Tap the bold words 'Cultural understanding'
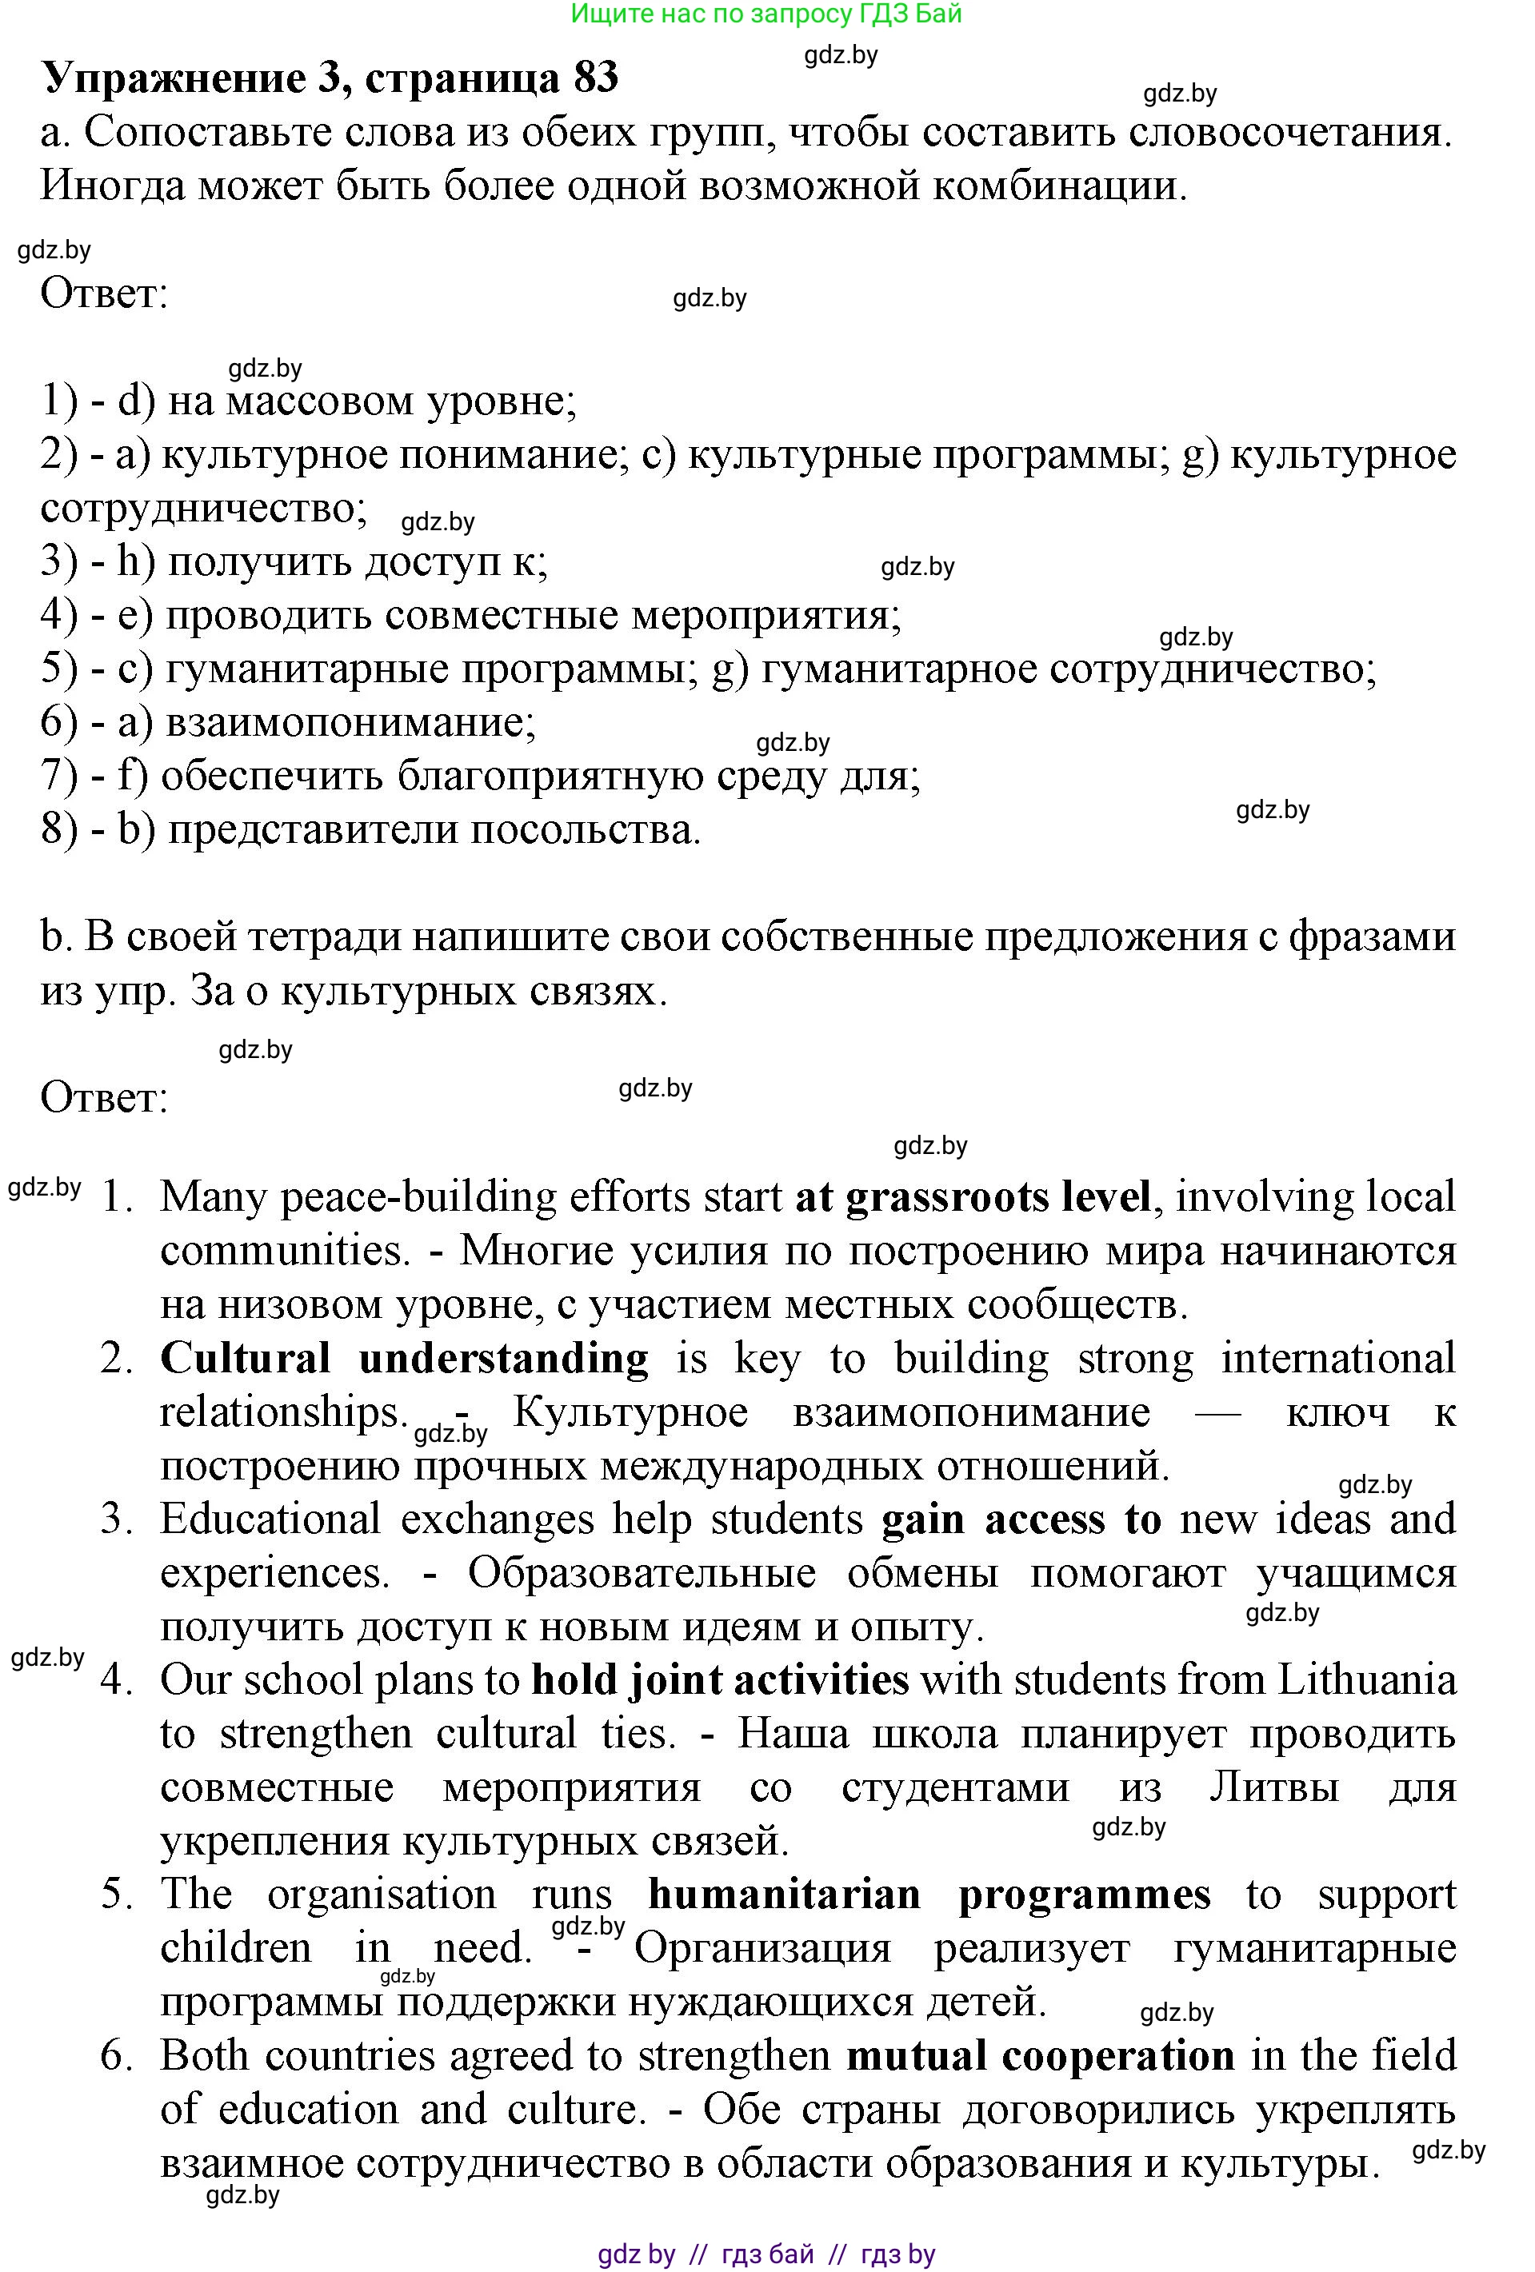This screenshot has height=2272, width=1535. tap(404, 1359)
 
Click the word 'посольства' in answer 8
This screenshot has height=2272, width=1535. tap(585, 830)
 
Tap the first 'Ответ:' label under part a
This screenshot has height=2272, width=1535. tap(105, 293)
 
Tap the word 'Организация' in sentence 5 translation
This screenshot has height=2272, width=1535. tap(762, 1947)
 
